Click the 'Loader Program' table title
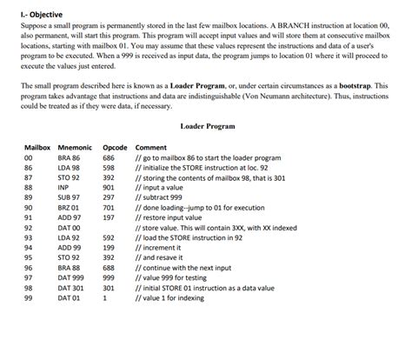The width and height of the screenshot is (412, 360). coord(208,126)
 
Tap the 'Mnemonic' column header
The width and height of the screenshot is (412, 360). coord(76,147)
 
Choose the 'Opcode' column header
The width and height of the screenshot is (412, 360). coord(115,147)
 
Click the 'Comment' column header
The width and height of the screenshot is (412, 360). coord(151,147)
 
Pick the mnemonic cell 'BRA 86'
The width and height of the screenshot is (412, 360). coord(69,158)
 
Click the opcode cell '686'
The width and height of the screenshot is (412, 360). coord(109,158)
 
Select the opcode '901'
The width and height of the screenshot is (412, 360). coord(109,187)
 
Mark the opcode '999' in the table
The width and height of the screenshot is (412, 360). coord(109,277)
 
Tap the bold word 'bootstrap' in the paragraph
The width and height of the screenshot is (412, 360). coord(367,87)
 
